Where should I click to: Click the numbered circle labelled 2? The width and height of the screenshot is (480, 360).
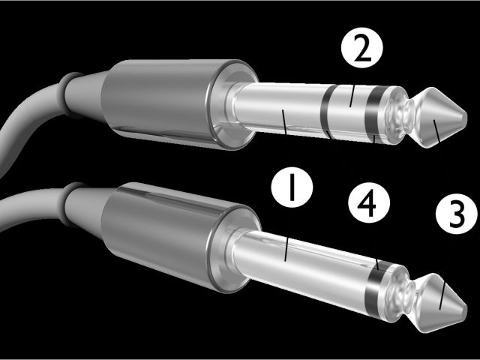361,47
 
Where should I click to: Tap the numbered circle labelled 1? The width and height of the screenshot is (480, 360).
292,187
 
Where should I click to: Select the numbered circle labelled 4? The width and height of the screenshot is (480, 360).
369,202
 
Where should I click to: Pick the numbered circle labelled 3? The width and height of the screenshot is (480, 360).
457,214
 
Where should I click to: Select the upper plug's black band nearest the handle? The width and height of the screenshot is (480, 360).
326,112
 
